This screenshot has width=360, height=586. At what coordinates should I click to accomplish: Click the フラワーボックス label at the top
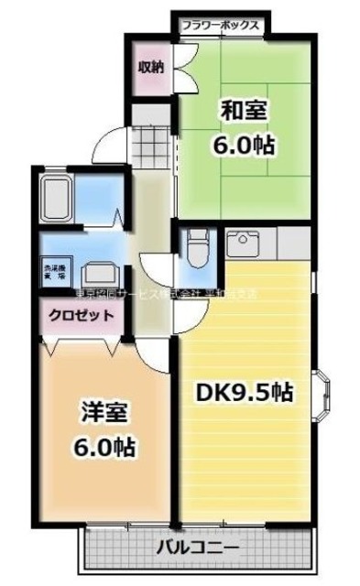point(219,25)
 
